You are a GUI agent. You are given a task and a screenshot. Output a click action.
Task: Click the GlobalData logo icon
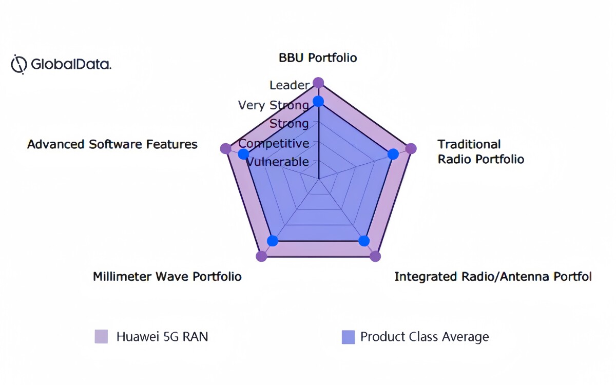click(x=19, y=64)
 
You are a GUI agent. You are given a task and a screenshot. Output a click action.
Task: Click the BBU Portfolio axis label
click(x=318, y=57)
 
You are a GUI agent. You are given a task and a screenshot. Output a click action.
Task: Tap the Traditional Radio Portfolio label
click(x=480, y=151)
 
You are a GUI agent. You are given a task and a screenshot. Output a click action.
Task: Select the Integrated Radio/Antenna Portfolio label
click(x=493, y=276)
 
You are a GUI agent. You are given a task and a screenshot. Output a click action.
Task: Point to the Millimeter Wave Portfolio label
click(x=167, y=276)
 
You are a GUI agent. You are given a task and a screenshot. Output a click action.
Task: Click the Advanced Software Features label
click(x=112, y=144)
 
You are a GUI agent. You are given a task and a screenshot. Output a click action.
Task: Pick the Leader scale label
click(x=290, y=85)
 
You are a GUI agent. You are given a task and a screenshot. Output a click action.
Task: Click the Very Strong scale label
click(x=273, y=105)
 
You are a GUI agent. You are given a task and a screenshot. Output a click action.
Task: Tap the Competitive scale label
click(x=274, y=143)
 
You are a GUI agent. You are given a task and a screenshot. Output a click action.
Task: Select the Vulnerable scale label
click(x=278, y=162)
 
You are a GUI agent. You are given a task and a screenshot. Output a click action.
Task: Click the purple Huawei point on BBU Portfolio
click(x=318, y=83)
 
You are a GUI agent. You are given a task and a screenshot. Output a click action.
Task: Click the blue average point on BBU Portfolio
click(x=318, y=102)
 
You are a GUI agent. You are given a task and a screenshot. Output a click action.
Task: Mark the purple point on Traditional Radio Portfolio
click(x=411, y=148)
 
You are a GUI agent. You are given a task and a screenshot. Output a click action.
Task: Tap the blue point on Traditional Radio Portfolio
click(x=393, y=154)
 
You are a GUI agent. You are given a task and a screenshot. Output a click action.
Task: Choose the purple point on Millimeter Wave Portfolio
click(x=261, y=256)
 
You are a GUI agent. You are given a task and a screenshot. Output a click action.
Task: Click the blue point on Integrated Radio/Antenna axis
click(x=364, y=241)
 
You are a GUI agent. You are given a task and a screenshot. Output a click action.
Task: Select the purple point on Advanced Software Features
click(x=226, y=148)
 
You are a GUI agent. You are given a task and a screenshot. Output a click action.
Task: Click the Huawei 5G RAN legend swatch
click(x=101, y=337)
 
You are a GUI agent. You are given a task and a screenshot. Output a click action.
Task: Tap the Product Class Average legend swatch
click(x=348, y=337)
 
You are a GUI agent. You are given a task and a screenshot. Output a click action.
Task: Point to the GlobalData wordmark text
click(x=71, y=64)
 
